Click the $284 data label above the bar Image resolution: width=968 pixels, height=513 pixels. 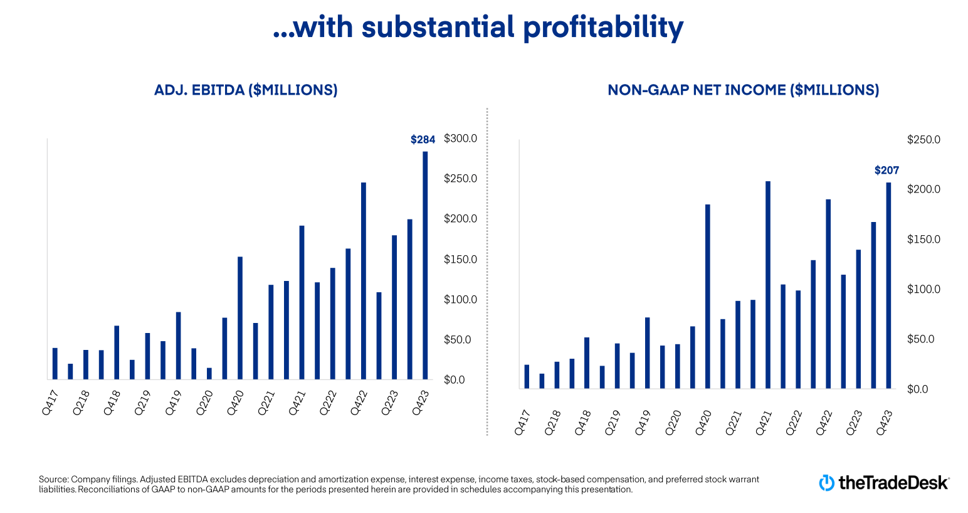pyautogui.click(x=423, y=140)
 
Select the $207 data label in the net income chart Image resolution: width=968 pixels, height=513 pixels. pyautogui.click(x=886, y=171)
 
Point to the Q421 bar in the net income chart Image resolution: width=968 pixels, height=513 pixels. pyautogui.click(x=768, y=285)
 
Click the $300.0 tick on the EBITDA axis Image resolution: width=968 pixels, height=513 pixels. pyautogui.click(x=460, y=139)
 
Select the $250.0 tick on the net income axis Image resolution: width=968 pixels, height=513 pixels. pyautogui.click(x=923, y=140)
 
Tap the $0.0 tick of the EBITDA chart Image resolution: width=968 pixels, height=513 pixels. pyautogui.click(x=454, y=380)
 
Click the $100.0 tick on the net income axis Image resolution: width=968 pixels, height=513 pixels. pyautogui.click(x=923, y=290)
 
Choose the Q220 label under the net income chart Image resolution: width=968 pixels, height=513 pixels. pyautogui.click(x=673, y=423)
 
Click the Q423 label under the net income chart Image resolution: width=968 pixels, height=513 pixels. pyautogui.click(x=884, y=423)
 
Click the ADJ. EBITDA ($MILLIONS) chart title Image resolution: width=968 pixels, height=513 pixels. pyautogui.click(x=246, y=90)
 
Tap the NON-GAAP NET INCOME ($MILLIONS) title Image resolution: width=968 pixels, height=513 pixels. pyautogui.click(x=743, y=90)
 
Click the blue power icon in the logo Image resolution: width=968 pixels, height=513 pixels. pyautogui.click(x=827, y=483)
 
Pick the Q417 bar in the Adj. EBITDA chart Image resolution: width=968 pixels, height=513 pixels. pyautogui.click(x=55, y=364)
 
